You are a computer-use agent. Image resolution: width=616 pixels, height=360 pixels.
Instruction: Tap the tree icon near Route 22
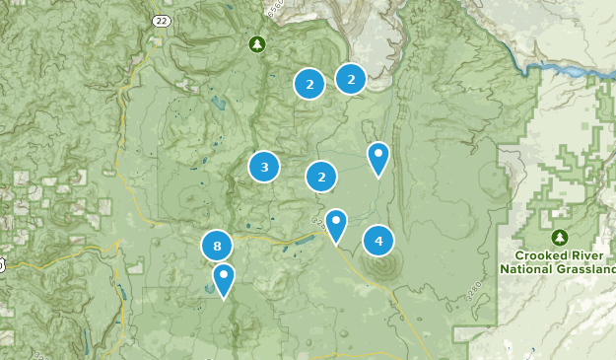pyautogui.click(x=257, y=44)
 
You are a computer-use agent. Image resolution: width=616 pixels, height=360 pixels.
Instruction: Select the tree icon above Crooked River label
pyautogui.click(x=560, y=238)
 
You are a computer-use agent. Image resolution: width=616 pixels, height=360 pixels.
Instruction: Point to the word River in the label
pyautogui.click(x=576, y=254)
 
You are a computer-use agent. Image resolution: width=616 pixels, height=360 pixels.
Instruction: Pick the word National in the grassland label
pyautogui.click(x=527, y=268)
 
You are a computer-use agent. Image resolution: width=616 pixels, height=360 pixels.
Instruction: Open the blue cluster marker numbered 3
pyautogui.click(x=264, y=167)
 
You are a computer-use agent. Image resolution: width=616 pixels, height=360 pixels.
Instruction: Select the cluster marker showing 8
pyautogui.click(x=217, y=246)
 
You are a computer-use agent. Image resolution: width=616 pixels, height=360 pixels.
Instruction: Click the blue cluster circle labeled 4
pyautogui.click(x=378, y=240)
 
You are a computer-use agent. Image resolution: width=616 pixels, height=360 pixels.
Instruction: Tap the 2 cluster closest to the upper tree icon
pyautogui.click(x=309, y=84)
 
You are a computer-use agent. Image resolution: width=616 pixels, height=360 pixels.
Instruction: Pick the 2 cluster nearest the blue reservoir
pyautogui.click(x=350, y=78)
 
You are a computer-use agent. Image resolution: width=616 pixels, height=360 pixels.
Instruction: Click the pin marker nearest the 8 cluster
pyautogui.click(x=225, y=279)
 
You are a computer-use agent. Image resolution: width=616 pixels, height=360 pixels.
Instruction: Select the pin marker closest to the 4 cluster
pyautogui.click(x=336, y=225)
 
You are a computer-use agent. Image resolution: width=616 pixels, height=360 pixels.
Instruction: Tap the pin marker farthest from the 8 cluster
pyautogui.click(x=377, y=158)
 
